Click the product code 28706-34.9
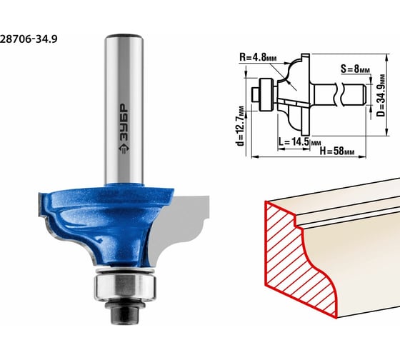[x=29, y=39]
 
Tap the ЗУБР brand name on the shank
[x=124, y=122]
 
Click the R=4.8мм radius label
[x=258, y=57]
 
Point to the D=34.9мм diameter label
[x=381, y=95]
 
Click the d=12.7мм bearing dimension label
[x=240, y=126]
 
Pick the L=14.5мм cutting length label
[x=299, y=142]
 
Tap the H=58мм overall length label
[x=337, y=151]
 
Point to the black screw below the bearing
[x=124, y=311]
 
